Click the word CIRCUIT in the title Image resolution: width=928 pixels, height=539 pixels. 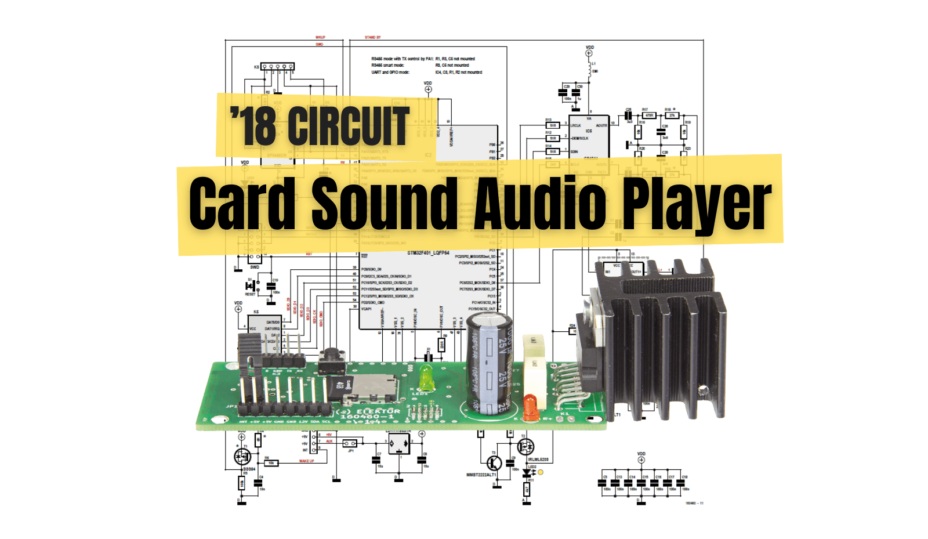point(349,126)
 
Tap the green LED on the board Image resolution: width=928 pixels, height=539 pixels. point(426,380)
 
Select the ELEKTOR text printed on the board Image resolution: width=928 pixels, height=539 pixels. point(378,411)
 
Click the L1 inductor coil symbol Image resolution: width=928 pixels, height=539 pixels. point(590,70)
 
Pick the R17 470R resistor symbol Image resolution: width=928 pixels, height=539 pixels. point(649,115)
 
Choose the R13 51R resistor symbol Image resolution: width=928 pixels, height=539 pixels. point(553,125)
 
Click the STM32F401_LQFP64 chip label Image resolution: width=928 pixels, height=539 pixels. point(428,253)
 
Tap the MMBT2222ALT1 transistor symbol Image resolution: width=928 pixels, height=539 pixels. point(494,462)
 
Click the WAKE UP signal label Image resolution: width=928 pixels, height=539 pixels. point(306,461)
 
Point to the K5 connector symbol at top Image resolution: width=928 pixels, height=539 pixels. point(277,67)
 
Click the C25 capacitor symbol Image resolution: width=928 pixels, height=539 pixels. point(629,115)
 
